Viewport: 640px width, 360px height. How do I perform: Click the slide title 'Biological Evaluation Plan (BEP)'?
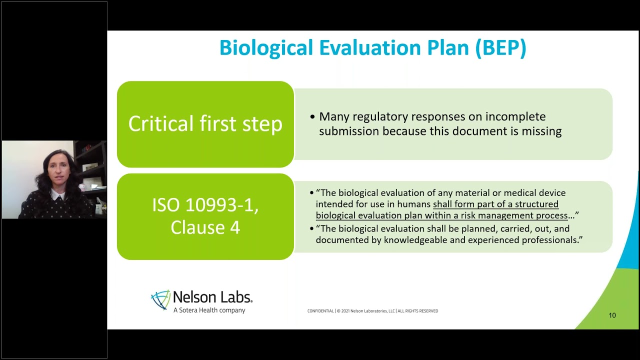click(x=372, y=48)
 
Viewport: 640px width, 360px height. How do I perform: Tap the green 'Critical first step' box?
click(x=205, y=124)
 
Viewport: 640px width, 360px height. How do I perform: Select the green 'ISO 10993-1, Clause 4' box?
click(x=205, y=216)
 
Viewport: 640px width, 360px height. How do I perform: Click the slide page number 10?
click(x=612, y=315)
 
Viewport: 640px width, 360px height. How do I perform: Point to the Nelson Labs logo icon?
click(x=160, y=300)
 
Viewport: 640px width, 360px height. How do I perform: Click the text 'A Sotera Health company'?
click(x=209, y=310)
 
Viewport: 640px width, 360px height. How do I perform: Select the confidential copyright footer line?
click(x=372, y=311)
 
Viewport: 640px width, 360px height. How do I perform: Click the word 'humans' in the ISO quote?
click(x=415, y=204)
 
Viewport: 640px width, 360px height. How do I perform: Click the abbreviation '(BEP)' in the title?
click(x=500, y=48)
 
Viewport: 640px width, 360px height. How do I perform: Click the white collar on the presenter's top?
click(x=57, y=193)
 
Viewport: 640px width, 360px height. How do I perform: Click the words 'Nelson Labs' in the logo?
click(x=212, y=297)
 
